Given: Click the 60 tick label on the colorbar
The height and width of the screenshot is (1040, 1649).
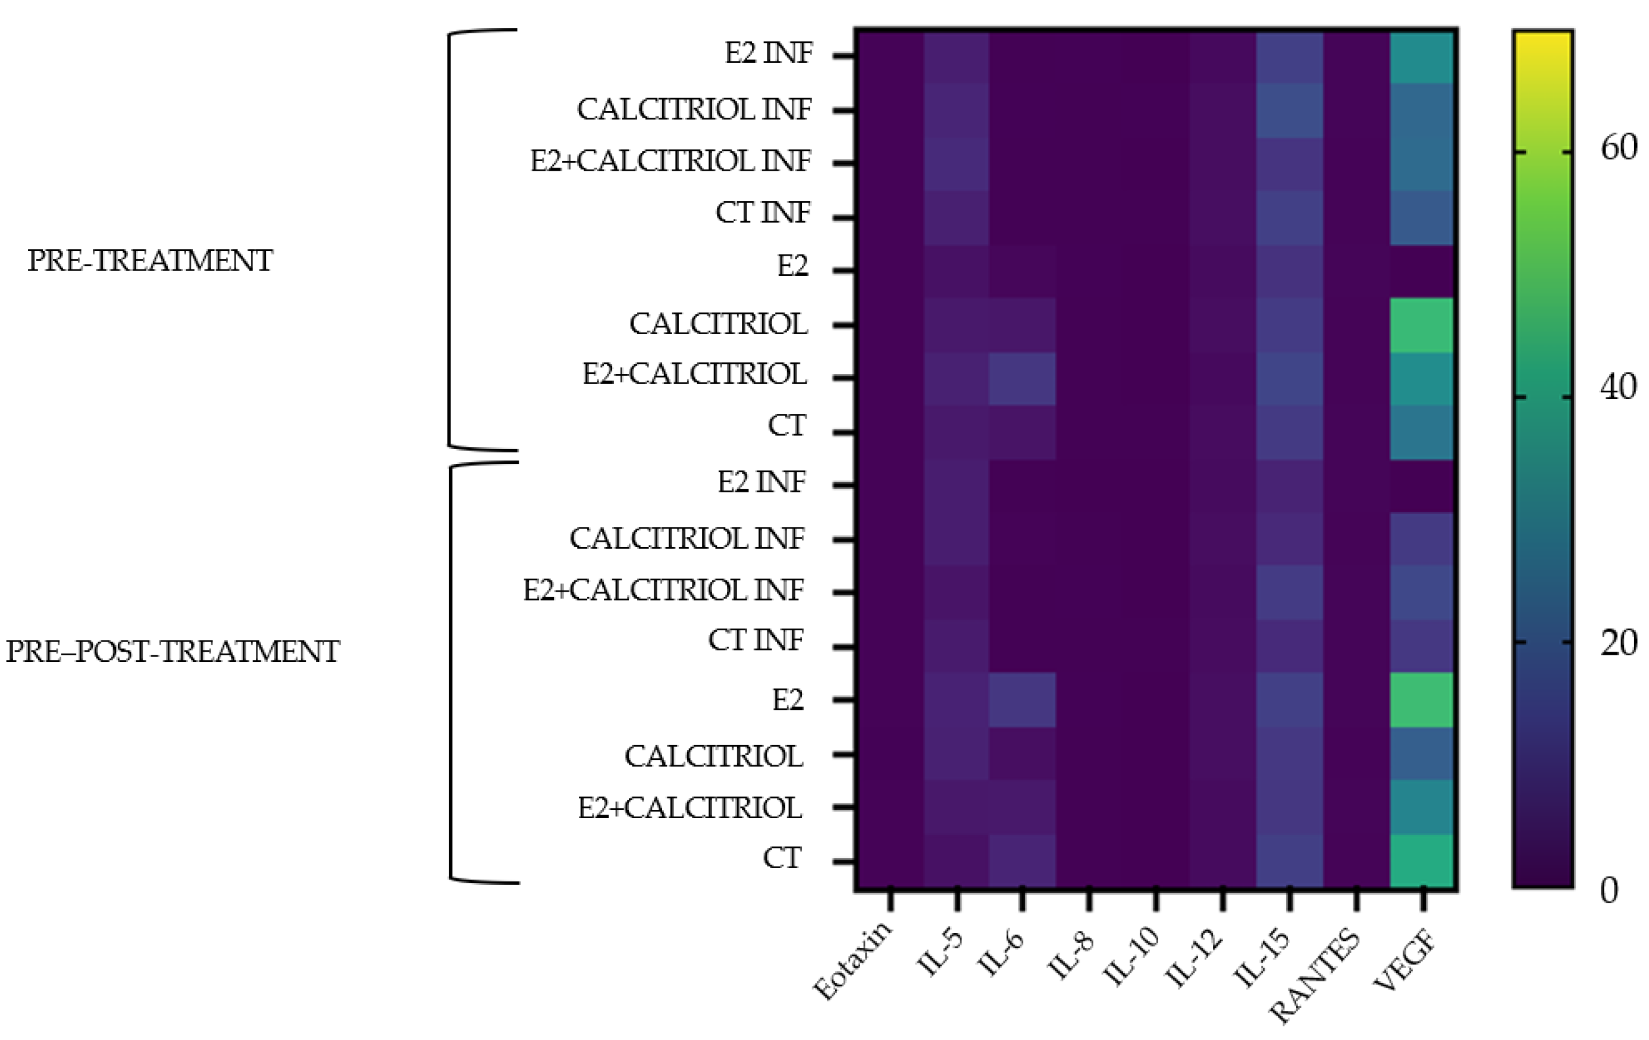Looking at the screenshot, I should (x=1618, y=148).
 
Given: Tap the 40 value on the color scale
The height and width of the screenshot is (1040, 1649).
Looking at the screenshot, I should (x=1618, y=388).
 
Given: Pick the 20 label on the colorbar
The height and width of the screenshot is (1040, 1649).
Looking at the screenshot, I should (x=1618, y=643).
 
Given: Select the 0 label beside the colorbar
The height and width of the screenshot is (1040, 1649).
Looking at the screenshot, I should (x=1609, y=891).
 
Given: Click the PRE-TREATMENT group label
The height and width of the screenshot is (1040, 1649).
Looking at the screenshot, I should (x=150, y=261).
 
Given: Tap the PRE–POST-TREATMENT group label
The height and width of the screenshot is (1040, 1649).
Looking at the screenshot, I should (x=173, y=651).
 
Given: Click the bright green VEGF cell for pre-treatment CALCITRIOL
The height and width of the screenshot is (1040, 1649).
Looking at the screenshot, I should (x=1422, y=325).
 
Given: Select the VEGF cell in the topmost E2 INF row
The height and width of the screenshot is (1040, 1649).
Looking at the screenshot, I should (x=1422, y=56).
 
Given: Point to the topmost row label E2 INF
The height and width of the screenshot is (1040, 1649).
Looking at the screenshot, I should (x=769, y=53).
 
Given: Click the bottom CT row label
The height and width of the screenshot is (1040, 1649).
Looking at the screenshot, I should (x=782, y=858).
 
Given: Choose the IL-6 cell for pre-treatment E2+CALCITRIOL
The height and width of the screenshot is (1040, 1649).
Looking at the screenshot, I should (x=1022, y=379).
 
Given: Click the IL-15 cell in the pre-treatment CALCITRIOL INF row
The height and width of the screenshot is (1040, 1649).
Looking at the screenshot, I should (x=1289, y=110).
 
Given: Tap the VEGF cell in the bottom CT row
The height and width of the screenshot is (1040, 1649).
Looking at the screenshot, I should (x=1422, y=860).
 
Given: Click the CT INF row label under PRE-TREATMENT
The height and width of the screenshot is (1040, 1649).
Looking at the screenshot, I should (x=763, y=212).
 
